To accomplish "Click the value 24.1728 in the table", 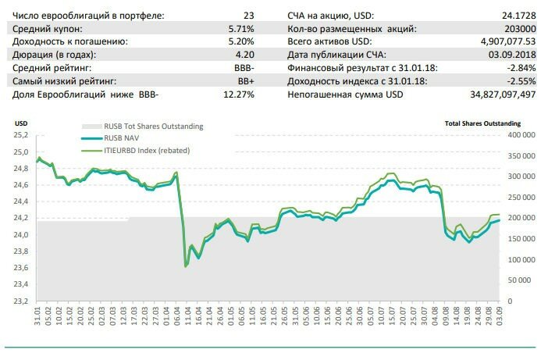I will [518, 14].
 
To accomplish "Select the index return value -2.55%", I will [518, 80].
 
